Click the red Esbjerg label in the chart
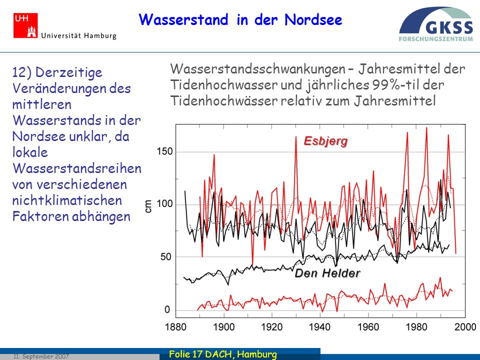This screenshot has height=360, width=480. click(x=325, y=141)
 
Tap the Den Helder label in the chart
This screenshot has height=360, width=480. click(x=327, y=273)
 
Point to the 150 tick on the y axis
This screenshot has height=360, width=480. click(x=164, y=151)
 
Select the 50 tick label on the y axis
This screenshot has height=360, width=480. click(x=166, y=257)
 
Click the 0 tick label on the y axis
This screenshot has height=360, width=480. click(x=167, y=310)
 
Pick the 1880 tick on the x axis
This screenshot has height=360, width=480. click(x=175, y=327)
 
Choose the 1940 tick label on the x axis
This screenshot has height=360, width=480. click(x=320, y=327)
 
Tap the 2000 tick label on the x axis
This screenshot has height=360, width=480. click(x=465, y=327)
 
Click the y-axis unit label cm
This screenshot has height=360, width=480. click(x=148, y=205)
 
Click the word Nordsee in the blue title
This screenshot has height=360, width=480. click(x=313, y=20)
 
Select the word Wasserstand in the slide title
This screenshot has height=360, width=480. click(x=183, y=20)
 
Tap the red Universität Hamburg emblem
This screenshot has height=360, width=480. click(x=25, y=25)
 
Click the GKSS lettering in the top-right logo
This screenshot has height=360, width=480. click(x=449, y=27)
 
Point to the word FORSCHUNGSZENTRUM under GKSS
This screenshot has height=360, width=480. click(x=435, y=39)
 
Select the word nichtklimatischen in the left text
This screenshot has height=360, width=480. click(x=67, y=200)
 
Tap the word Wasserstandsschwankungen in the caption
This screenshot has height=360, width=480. click(x=257, y=69)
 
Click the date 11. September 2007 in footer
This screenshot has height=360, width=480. click(x=41, y=356)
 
